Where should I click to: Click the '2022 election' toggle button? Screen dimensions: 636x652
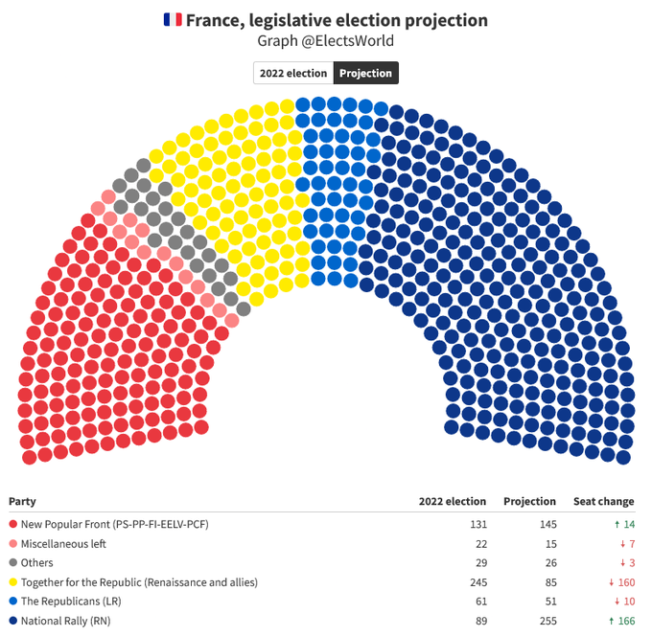pos(293,73)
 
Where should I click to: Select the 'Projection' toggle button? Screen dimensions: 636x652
pos(365,73)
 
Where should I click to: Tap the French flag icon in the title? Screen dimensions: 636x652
pos(173,20)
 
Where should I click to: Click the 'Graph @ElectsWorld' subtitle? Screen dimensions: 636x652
pos(325,41)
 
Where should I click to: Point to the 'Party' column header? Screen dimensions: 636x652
pos(23,501)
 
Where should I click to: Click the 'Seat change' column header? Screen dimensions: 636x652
pos(603,501)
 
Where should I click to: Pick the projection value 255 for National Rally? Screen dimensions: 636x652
pos(545,620)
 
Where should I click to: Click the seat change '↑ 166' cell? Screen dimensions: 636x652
pos(617,620)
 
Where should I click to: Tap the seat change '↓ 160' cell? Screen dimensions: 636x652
pos(617,581)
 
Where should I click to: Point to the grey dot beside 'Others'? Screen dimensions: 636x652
pos(12,562)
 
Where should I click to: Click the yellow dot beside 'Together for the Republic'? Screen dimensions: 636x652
pos(12,581)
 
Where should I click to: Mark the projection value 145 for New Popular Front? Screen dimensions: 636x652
pos(545,524)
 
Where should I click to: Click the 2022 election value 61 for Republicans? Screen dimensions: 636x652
pos(479,601)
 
